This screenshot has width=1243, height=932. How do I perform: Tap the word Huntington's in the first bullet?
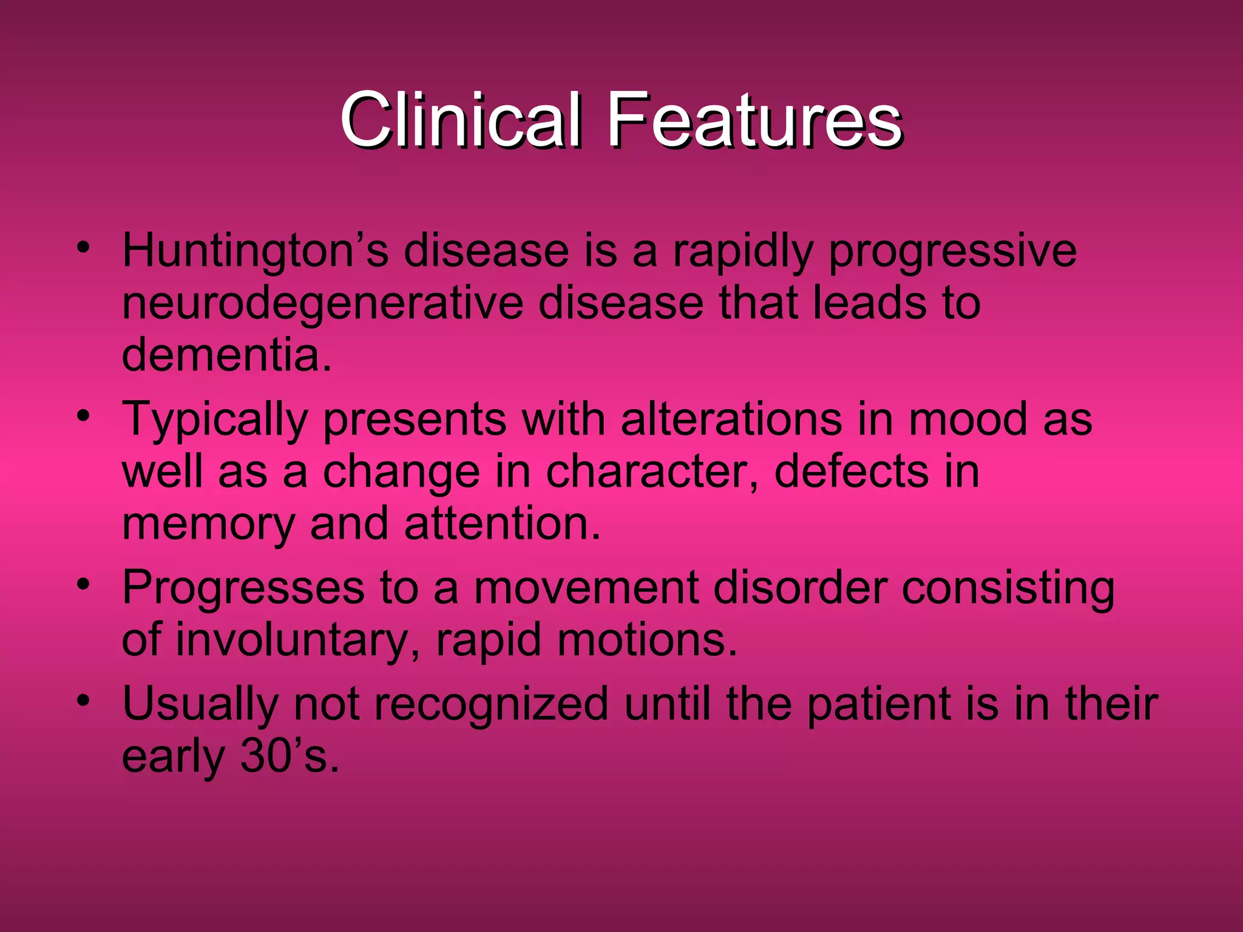(255, 251)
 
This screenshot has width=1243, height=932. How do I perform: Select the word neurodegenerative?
(322, 303)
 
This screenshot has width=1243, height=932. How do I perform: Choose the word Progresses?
(243, 588)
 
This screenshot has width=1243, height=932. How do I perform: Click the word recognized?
(491, 704)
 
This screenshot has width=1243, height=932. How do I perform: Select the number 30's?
(289, 757)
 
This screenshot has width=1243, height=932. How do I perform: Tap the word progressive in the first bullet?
(952, 252)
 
